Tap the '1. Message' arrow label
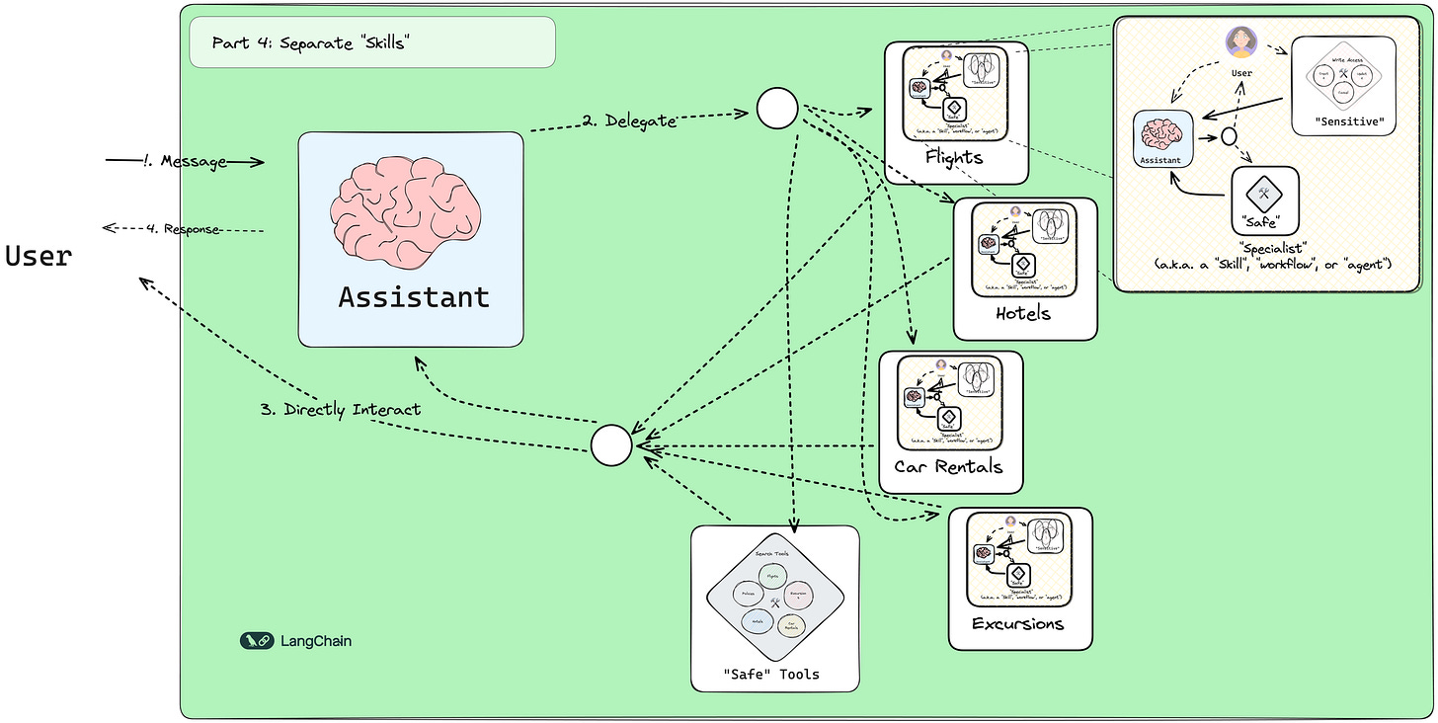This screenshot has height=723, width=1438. point(194,161)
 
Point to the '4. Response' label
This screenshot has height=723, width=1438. point(183,229)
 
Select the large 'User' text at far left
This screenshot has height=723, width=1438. point(39,256)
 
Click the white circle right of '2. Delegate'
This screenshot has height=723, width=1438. point(776,108)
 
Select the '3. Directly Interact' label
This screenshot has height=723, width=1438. point(341,409)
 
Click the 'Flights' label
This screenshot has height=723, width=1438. point(954,157)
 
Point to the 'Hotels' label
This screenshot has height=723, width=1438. point(1023,314)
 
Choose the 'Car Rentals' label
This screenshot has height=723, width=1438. point(948,466)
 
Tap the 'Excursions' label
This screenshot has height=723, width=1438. point(1017,623)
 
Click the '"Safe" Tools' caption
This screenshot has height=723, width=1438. point(772,675)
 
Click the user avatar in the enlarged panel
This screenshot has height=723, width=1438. point(1239,41)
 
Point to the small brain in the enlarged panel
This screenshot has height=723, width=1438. point(1163,134)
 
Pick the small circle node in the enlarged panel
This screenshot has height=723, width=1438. point(1229,137)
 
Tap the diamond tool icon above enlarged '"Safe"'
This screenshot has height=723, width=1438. point(1265,193)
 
